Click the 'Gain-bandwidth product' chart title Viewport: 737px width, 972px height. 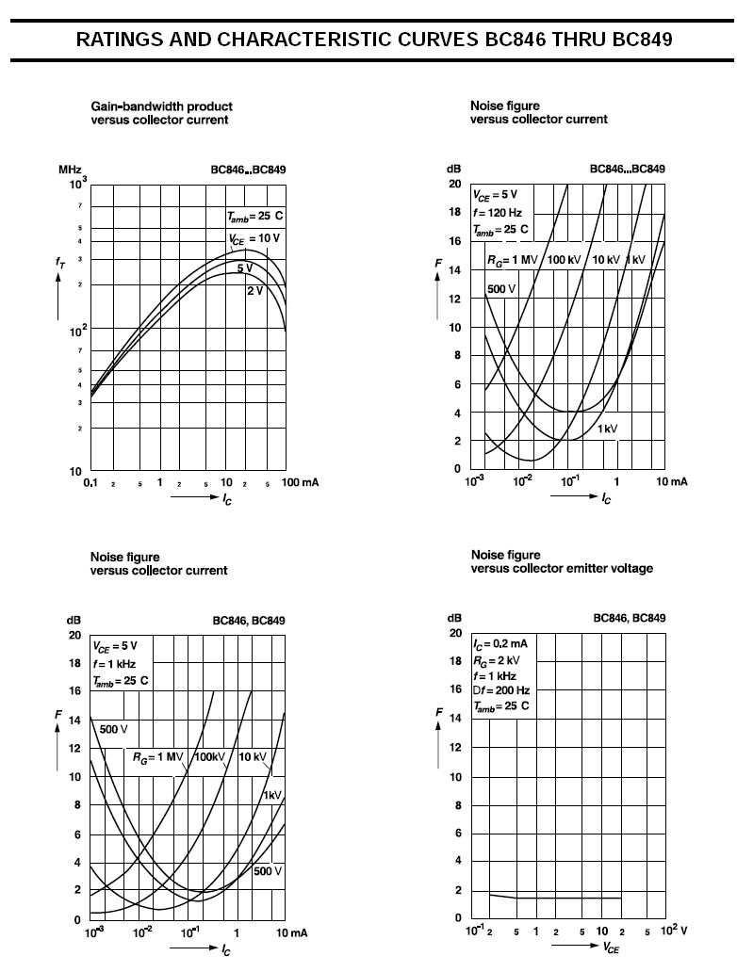click(161, 106)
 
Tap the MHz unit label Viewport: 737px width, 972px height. click(70, 170)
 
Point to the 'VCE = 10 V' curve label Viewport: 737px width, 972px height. click(254, 238)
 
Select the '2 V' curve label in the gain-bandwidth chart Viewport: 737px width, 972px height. click(254, 290)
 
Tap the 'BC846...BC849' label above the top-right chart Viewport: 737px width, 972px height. click(627, 170)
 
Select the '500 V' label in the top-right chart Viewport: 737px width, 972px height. click(500, 288)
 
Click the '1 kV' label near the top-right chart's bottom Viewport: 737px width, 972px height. click(607, 429)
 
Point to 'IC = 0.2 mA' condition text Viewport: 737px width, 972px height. click(500, 643)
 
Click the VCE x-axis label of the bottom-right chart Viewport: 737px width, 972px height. click(612, 948)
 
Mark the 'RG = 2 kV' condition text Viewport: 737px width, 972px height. click(500, 659)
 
